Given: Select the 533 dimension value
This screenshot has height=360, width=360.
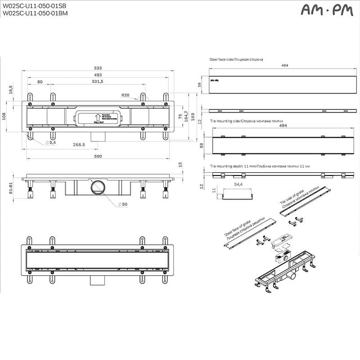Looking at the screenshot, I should [98, 68].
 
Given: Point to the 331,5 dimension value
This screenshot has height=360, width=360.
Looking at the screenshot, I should [98, 81].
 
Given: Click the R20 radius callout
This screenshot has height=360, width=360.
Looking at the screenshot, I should [125, 95].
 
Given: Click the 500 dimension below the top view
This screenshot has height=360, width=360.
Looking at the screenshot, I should [98, 156].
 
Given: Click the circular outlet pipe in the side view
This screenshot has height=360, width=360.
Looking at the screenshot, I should [97, 187].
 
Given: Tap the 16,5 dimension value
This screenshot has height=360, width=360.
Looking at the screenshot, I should [10, 90].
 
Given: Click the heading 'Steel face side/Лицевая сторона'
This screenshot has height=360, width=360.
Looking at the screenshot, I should [236, 59].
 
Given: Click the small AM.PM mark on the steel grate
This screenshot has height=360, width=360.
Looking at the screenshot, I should [215, 80].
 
